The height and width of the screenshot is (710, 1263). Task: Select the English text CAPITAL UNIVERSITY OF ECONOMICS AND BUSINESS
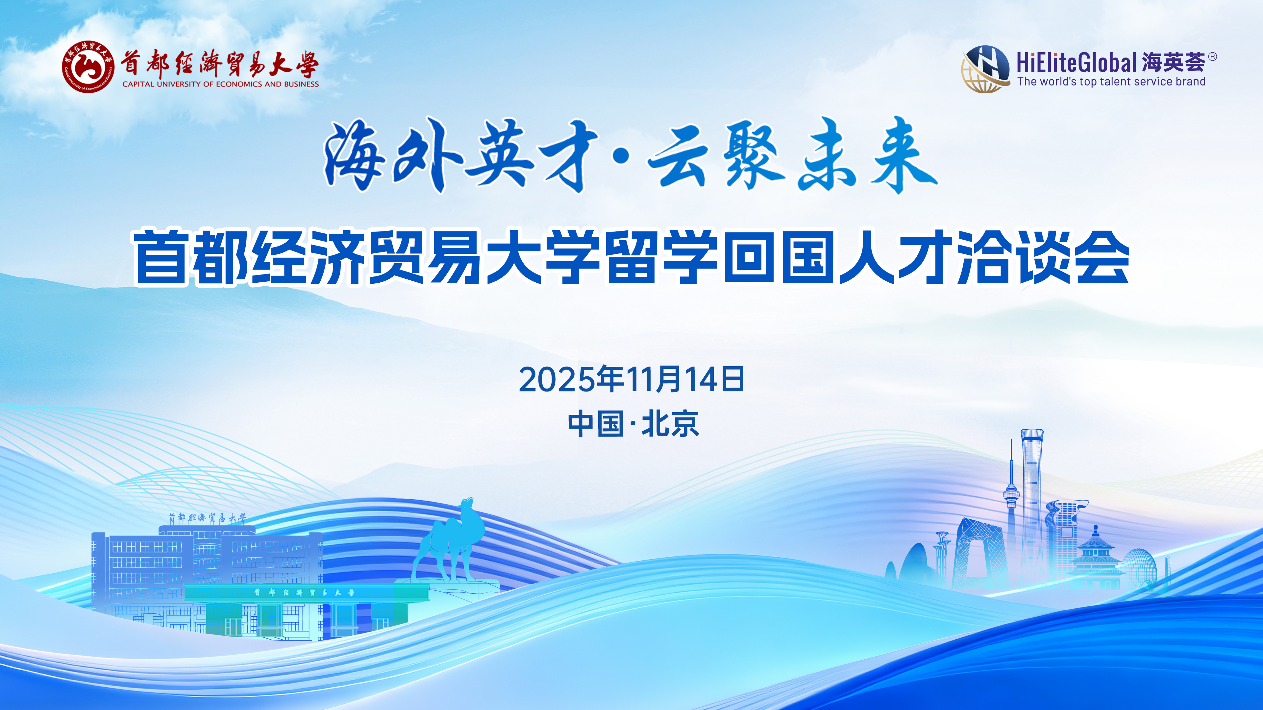221,84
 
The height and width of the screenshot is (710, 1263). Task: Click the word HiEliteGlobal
1077,63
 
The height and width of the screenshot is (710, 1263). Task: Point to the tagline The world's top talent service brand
1111,82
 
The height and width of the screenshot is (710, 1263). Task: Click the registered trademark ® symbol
1212,57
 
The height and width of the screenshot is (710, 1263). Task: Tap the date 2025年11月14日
631,379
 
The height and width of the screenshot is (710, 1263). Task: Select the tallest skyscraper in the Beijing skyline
1032,505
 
